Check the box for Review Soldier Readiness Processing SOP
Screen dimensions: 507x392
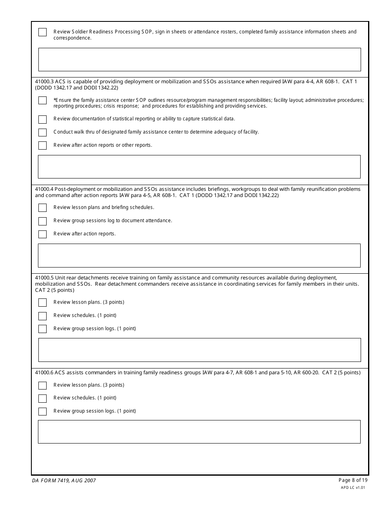click(43, 32)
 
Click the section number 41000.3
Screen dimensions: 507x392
click(44, 82)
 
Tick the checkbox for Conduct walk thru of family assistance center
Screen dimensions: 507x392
click(43, 132)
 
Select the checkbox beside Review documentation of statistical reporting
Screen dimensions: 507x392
click(43, 119)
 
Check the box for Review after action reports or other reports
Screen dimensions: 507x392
click(43, 146)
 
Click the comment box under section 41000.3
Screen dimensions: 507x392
click(199, 167)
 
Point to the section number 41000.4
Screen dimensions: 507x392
click(44, 189)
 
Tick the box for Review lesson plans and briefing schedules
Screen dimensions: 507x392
click(43, 208)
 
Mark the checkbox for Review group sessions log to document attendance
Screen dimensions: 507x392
click(43, 221)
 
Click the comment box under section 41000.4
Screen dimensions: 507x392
click(199, 255)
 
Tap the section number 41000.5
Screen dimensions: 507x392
click(44, 278)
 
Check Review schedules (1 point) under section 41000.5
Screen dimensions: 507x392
click(43, 316)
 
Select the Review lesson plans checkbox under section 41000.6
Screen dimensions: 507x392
click(43, 385)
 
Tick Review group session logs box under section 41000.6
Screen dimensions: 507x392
click(43, 411)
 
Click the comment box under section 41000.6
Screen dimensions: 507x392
click(199, 432)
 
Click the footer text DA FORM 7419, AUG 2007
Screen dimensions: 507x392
click(64, 481)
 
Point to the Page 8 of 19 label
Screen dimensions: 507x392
click(353, 480)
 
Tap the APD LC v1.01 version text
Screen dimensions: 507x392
click(353, 487)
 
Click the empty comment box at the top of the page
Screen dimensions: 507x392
click(199, 59)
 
